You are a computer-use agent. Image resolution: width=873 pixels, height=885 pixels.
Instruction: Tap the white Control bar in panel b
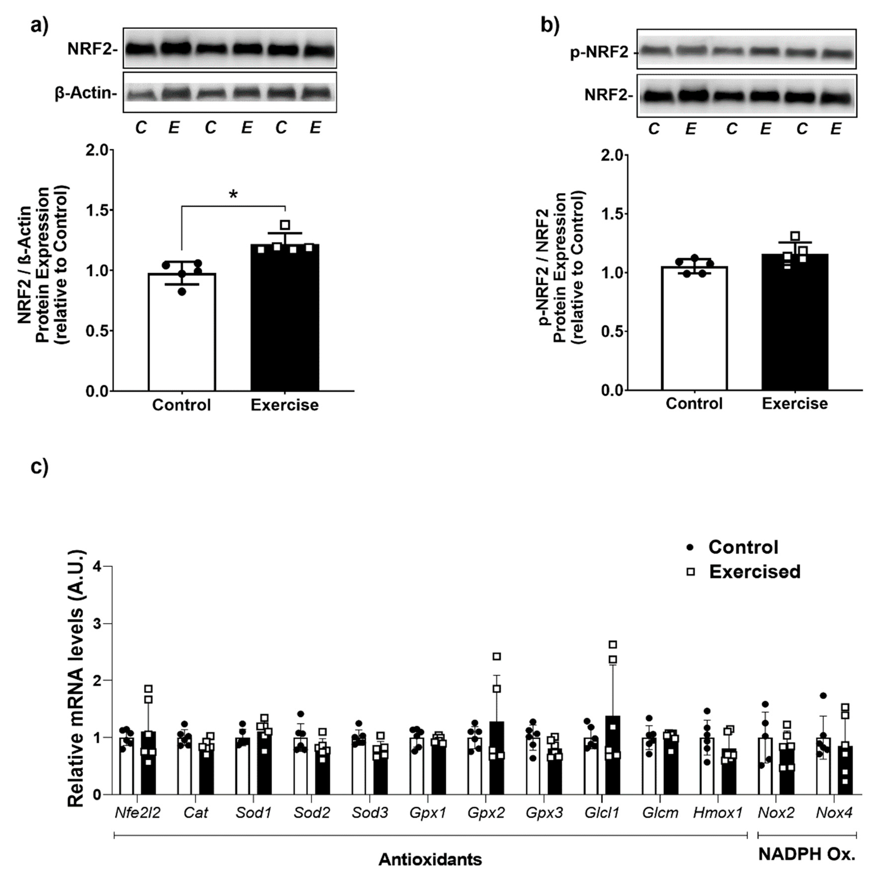pyautogui.click(x=694, y=330)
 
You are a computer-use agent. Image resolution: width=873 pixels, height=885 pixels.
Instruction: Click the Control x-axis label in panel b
pyautogui.click(x=694, y=403)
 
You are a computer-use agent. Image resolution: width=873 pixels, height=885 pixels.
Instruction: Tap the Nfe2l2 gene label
pyautogui.click(x=138, y=813)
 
